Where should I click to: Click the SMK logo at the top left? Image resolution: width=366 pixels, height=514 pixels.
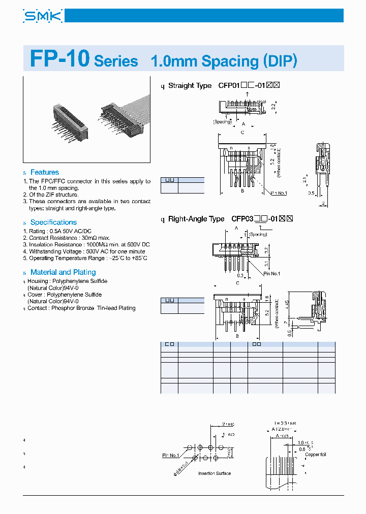click(43, 16)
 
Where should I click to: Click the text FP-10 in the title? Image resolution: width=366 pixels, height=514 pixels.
click(59, 59)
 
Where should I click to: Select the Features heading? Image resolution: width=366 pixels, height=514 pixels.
click(44, 172)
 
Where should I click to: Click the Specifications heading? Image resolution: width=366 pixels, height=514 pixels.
click(53, 222)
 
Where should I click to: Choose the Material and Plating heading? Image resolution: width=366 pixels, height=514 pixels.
click(63, 272)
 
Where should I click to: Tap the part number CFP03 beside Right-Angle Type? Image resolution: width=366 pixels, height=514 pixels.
click(241, 219)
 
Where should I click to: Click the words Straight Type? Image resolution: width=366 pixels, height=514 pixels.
click(190, 85)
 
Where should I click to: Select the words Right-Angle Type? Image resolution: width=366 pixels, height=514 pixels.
click(196, 219)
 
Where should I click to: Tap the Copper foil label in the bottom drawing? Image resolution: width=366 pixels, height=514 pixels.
click(316, 455)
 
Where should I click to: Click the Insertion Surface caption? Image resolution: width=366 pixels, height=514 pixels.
click(214, 473)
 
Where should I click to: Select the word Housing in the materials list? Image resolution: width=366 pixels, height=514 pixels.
click(38, 281)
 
